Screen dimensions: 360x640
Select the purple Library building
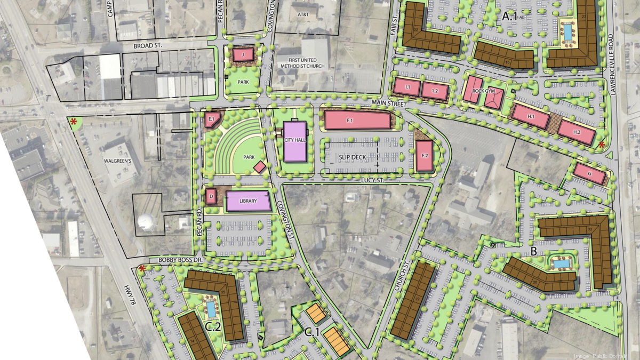click(248, 201)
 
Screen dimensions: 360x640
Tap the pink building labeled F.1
click(357, 120)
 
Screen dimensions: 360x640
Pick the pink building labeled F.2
click(425, 156)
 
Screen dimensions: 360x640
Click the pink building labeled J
click(242, 54)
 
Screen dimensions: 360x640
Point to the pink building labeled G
click(590, 174)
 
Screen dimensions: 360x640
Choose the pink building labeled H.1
click(530, 116)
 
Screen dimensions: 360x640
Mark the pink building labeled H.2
click(576, 131)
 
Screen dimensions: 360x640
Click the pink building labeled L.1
click(407, 87)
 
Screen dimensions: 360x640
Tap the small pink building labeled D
click(211, 196)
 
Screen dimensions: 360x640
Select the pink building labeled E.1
click(211, 119)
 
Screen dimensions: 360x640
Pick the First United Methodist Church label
click(300, 62)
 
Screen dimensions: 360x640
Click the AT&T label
click(303, 16)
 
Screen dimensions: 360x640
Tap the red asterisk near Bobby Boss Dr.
click(142, 268)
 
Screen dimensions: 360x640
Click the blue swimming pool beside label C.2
click(211, 308)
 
